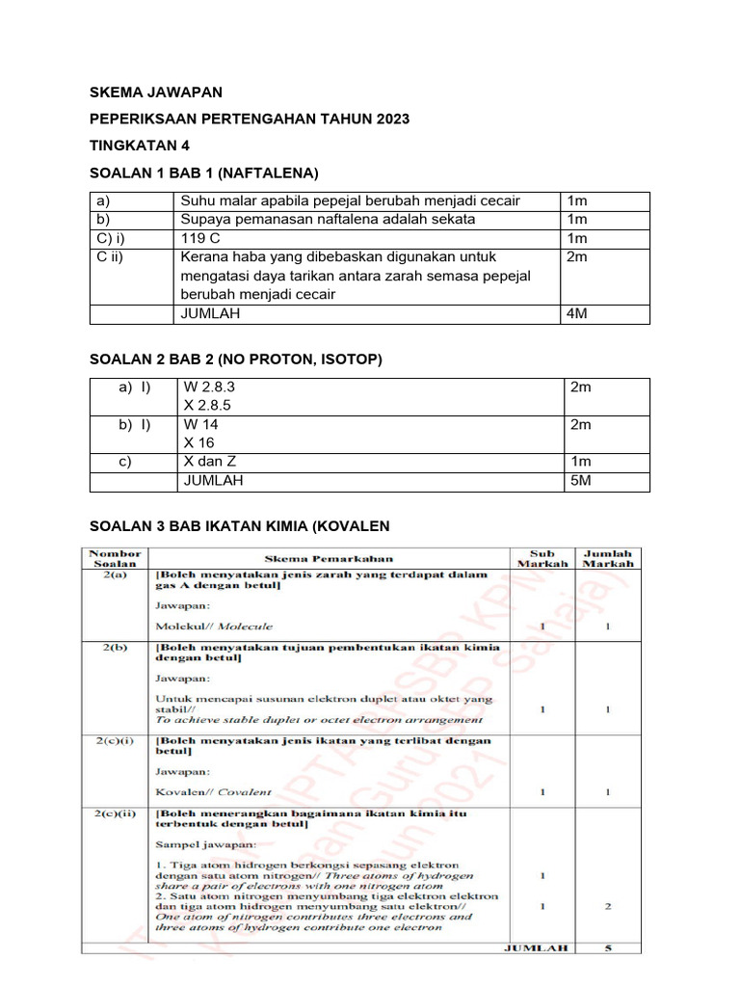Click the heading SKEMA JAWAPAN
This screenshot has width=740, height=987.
click(155, 93)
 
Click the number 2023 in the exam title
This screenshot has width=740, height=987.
click(390, 119)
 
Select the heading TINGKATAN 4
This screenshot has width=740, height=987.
click(140, 146)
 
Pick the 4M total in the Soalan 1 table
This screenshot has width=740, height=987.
click(578, 314)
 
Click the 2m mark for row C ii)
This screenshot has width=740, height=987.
click(577, 257)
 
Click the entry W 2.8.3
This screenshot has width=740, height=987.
click(209, 387)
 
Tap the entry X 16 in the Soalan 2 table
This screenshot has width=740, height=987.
click(199, 443)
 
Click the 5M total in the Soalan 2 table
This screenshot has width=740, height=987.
click(581, 481)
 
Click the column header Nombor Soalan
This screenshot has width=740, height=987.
click(115, 558)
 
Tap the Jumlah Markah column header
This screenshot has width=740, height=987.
click(608, 558)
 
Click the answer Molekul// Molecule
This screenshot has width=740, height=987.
click(214, 626)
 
